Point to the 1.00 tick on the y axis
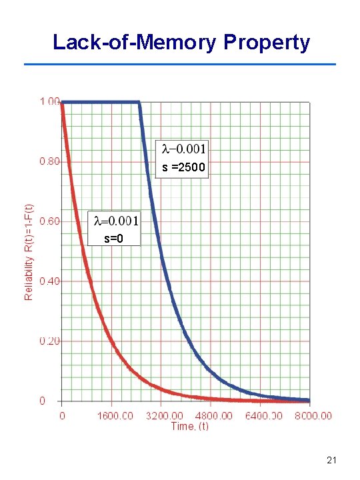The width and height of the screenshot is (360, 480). pyautogui.click(x=49, y=101)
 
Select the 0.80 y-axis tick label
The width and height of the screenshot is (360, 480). pyautogui.click(x=49, y=161)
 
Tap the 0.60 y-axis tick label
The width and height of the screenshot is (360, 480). pyautogui.click(x=49, y=221)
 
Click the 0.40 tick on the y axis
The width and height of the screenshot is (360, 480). pyautogui.click(x=49, y=281)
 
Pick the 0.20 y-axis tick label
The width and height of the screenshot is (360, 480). pyautogui.click(x=49, y=341)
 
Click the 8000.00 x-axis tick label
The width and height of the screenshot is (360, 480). pyautogui.click(x=312, y=416)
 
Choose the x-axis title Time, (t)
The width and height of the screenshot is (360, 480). pyautogui.click(x=190, y=426)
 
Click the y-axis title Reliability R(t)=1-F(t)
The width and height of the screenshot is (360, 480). pyautogui.click(x=29, y=253)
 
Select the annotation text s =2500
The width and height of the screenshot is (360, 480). pyautogui.click(x=184, y=168)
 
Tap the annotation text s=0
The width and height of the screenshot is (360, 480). pyautogui.click(x=114, y=237)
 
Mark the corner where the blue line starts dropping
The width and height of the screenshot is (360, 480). pyautogui.click(x=139, y=102)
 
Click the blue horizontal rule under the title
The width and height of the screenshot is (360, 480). pyautogui.click(x=180, y=64)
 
